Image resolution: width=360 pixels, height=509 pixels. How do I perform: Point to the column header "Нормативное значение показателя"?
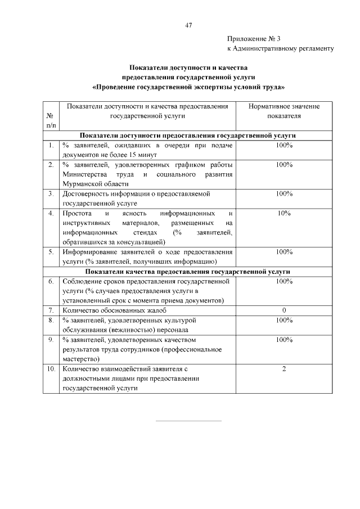(x=284, y=111)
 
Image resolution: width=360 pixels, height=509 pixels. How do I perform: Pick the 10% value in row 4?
(x=284, y=213)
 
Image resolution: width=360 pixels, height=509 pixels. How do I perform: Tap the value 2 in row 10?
(x=284, y=369)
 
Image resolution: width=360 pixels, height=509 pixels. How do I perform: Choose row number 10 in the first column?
(x=51, y=369)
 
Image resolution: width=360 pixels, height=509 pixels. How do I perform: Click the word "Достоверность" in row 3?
(x=86, y=194)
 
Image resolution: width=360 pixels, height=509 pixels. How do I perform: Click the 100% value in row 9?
(x=284, y=340)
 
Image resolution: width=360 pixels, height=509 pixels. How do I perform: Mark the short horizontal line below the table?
(x=188, y=420)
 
